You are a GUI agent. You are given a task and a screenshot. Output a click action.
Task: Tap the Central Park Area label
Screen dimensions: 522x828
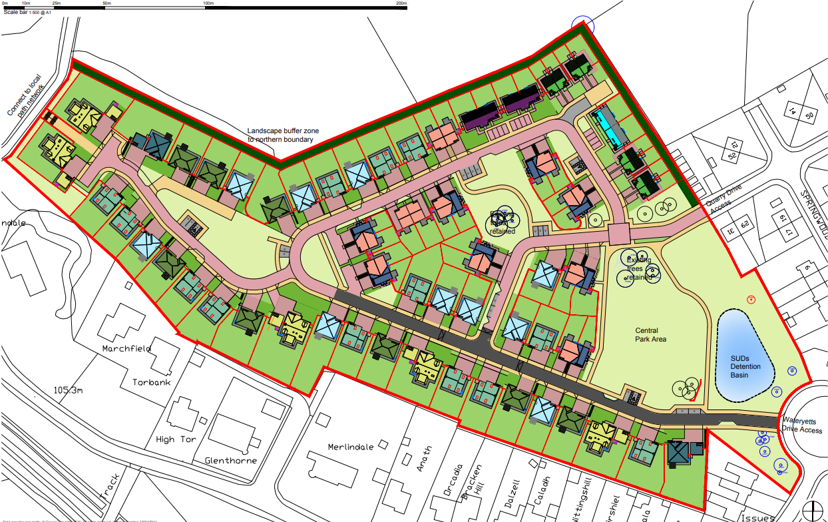point(650,334)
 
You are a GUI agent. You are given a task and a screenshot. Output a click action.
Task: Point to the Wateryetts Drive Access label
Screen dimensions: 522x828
point(803,425)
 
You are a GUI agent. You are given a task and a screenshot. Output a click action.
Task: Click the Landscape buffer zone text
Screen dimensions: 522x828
point(280,135)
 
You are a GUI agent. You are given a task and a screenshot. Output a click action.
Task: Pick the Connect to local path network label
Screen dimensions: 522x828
point(27,95)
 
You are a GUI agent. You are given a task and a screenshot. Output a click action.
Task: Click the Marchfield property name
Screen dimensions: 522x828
point(127,348)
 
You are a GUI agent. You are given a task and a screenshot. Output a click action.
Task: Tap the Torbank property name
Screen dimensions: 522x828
point(151,383)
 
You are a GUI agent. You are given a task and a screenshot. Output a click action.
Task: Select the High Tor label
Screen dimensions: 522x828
point(174,439)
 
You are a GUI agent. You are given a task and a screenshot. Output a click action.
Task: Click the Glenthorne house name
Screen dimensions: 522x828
point(230,460)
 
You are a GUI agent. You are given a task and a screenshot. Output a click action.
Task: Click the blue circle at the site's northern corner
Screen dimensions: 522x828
point(582,25)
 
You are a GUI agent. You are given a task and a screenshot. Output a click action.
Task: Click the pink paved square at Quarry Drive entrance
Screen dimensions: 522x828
point(619,234)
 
